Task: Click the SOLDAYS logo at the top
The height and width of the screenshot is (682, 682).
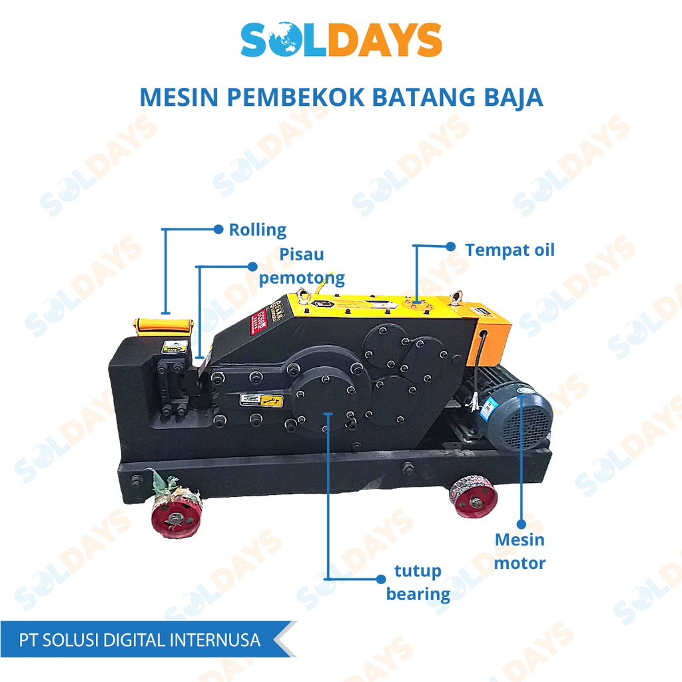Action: [x=341, y=40]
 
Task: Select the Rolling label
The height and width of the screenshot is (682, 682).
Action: [x=257, y=230]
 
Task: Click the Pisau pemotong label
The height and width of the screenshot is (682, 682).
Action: [x=302, y=266]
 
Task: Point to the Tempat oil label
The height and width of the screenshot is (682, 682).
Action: [x=510, y=250]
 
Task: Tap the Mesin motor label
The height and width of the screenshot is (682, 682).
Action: [x=519, y=551]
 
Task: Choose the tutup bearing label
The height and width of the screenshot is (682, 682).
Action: [x=418, y=582]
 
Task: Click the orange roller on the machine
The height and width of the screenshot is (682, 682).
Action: [x=163, y=325]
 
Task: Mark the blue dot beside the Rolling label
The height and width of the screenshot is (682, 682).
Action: [x=218, y=229]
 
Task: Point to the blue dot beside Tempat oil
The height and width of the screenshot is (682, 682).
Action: [x=451, y=246]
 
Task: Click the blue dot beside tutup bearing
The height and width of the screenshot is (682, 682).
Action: [x=378, y=578]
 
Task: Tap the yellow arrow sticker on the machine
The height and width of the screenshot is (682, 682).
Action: [x=262, y=400]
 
